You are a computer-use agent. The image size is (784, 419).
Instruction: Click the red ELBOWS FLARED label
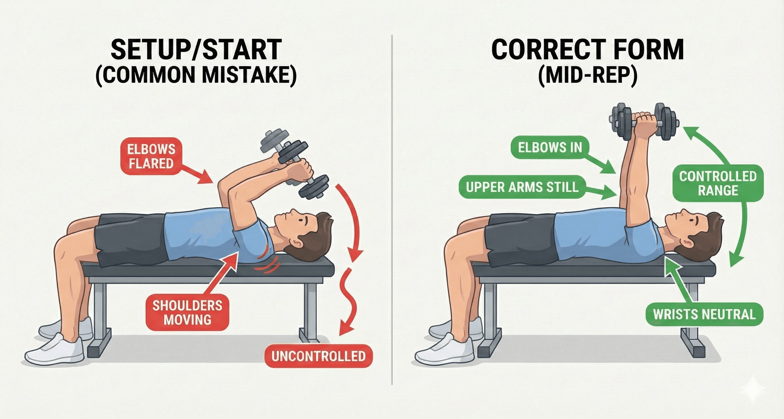[x=151, y=156]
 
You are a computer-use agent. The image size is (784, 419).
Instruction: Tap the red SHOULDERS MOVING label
[x=187, y=313]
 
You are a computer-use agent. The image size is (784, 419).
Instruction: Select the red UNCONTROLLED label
[x=318, y=356]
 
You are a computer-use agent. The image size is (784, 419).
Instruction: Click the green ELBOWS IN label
[x=550, y=147]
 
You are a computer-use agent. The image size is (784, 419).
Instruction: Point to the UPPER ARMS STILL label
[x=522, y=187]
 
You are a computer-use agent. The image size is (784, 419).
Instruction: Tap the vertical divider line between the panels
[x=392, y=209]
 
